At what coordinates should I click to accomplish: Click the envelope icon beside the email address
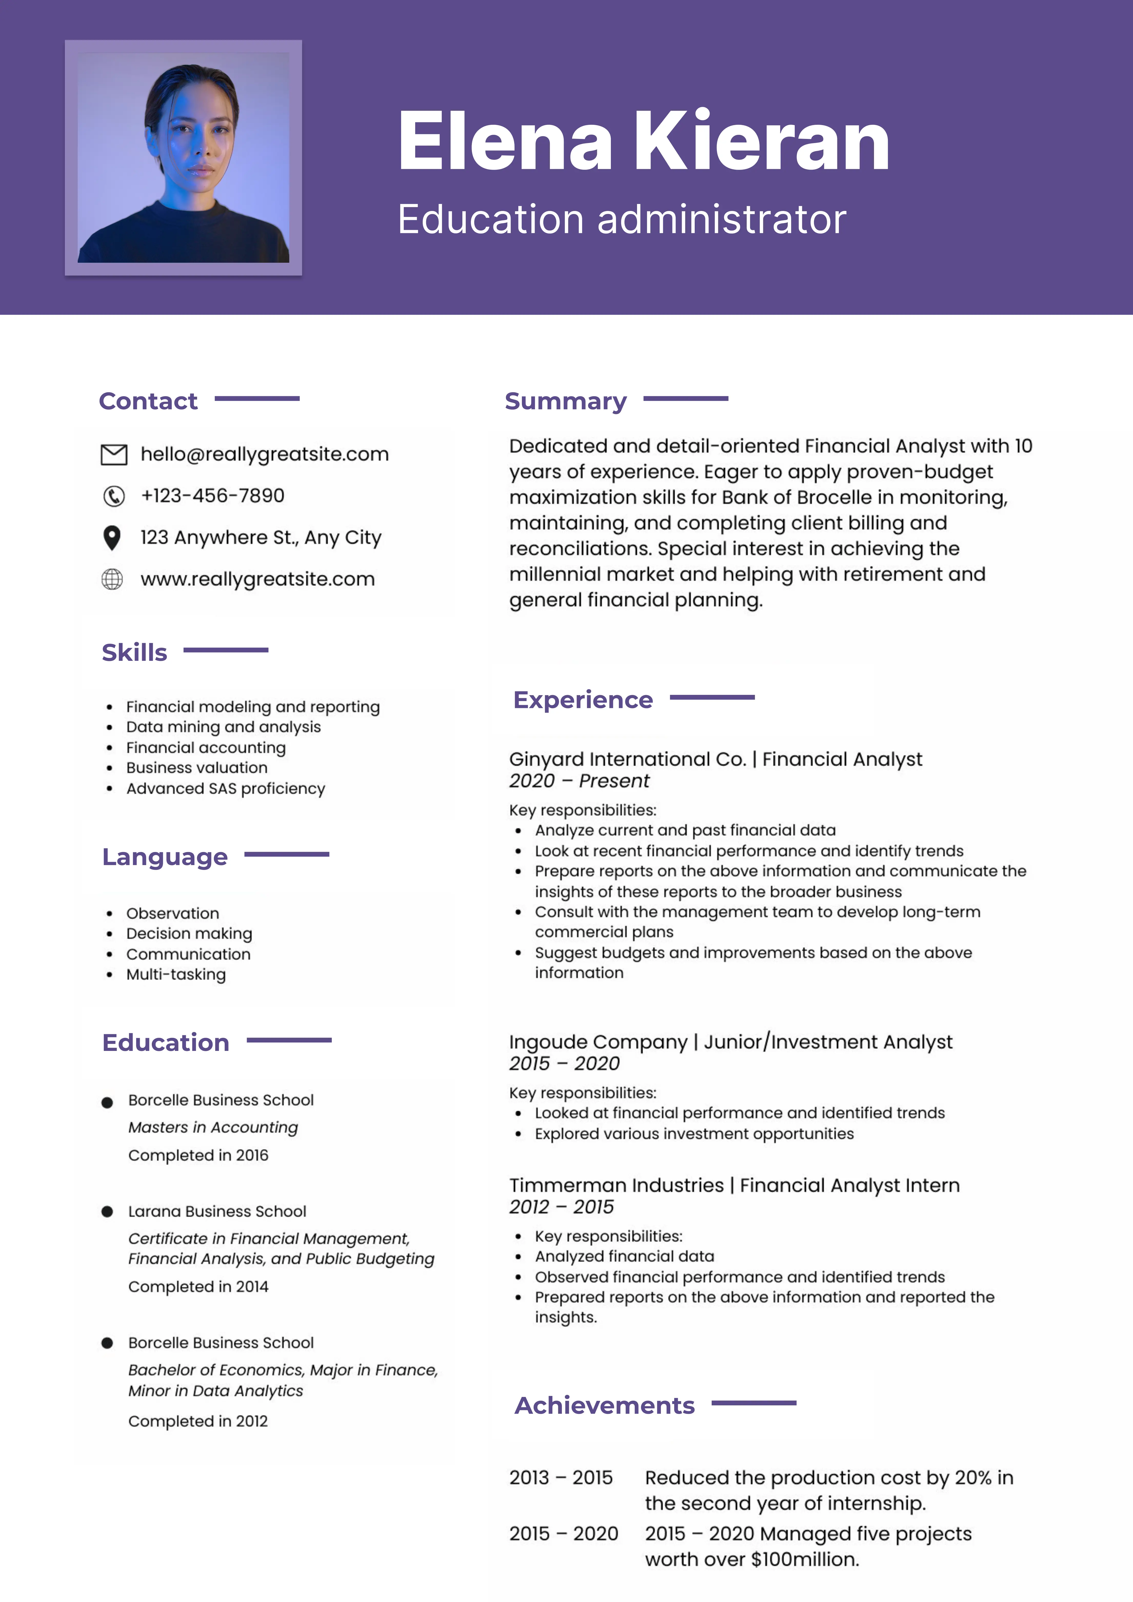pos(114,454)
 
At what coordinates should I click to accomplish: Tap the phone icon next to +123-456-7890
pos(114,496)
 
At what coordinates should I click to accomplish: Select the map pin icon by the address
pos(112,537)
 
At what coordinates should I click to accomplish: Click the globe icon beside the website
pos(112,579)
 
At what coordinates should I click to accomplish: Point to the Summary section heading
pos(565,401)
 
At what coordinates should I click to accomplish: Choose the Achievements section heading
pos(604,1405)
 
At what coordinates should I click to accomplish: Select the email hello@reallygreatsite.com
pos(265,454)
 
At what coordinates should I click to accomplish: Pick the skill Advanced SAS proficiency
pos(225,788)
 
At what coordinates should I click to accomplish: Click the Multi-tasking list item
pos(176,975)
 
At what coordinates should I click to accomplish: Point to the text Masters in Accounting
pos(213,1128)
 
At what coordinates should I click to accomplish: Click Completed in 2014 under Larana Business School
pos(198,1287)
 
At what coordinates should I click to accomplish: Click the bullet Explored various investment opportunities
pos(694,1134)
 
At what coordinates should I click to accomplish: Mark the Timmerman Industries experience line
pos(734,1185)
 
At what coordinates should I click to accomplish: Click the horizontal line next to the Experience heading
pos(712,697)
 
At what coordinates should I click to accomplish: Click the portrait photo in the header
pos(184,158)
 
